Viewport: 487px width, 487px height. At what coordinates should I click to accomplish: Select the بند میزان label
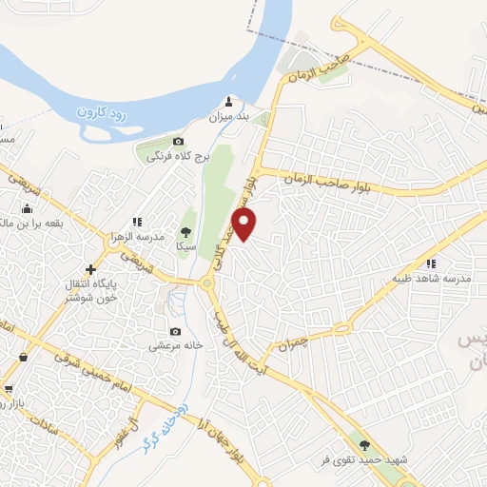click(x=228, y=117)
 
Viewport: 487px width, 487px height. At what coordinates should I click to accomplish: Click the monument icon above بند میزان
click(x=228, y=101)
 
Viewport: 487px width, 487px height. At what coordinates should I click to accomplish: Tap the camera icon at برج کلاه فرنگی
click(x=178, y=142)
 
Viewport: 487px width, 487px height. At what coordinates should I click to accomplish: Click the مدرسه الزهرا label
click(x=145, y=235)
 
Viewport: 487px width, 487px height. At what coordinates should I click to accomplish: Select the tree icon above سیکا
click(x=185, y=231)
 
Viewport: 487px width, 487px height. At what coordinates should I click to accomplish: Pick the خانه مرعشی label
click(x=175, y=347)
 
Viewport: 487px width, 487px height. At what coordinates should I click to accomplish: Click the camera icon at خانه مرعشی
click(x=175, y=332)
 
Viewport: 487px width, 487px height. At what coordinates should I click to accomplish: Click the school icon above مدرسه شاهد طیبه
click(x=432, y=263)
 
